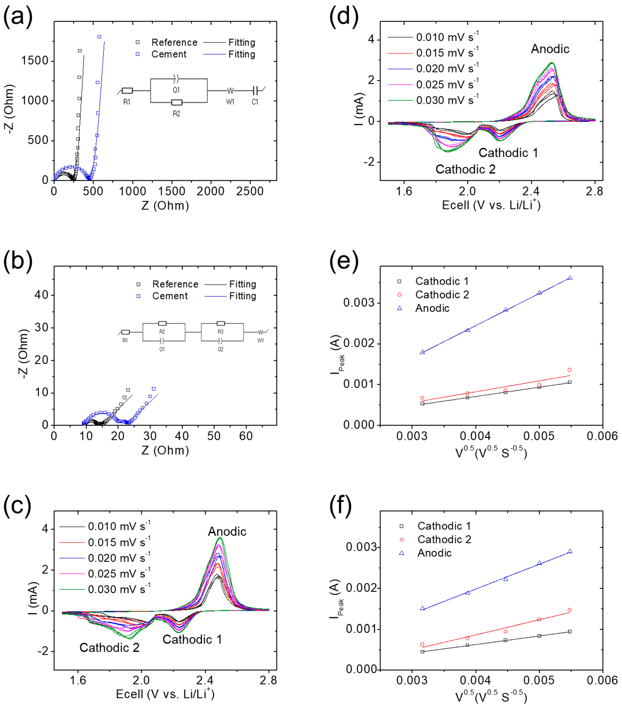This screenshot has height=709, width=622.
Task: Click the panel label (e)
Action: pos(344,261)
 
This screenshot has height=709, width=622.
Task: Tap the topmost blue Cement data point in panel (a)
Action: pos(99,37)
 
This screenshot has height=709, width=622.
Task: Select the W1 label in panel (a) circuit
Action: pos(230,102)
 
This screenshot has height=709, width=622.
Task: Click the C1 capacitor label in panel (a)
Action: pos(255,102)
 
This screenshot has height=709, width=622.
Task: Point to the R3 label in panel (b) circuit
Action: pos(221,332)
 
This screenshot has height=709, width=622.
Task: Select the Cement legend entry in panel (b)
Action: pos(169,296)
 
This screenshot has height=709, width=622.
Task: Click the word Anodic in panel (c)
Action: pos(227,531)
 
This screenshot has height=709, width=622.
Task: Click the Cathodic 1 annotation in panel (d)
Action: pos(508,153)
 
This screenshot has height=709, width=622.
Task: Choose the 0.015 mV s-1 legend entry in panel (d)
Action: pos(447,53)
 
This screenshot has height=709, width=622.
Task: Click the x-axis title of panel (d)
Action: pos(491,205)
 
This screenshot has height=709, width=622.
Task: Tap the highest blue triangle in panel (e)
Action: pos(570,278)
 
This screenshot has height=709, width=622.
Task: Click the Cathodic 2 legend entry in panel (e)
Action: pos(442,295)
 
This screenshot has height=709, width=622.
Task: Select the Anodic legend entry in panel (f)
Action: pos(434,553)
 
